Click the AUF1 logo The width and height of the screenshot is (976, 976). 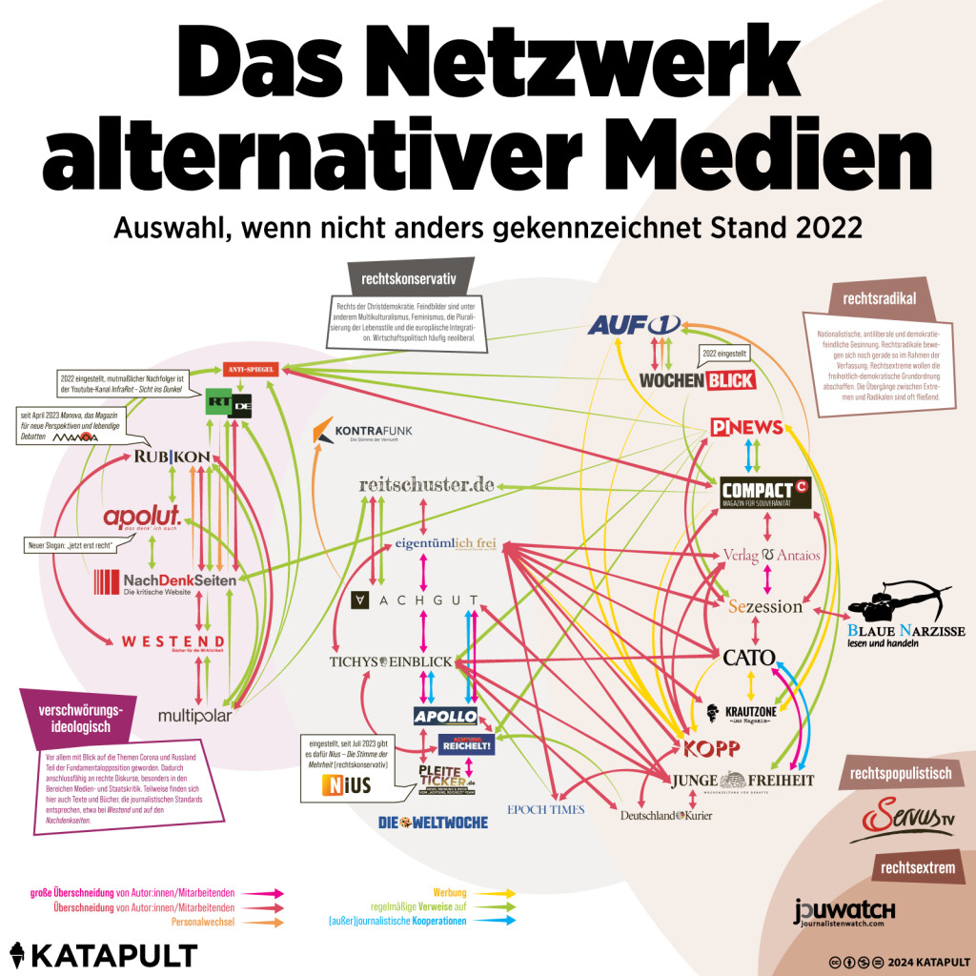click(633, 325)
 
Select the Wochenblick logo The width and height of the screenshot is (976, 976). click(697, 380)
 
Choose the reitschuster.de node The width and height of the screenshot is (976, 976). click(426, 484)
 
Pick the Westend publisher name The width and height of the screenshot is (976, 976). click(173, 640)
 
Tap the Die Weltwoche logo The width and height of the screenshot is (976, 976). click(433, 822)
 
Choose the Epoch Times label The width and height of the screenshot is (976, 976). click(545, 809)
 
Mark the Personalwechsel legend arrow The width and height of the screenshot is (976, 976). click(265, 922)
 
